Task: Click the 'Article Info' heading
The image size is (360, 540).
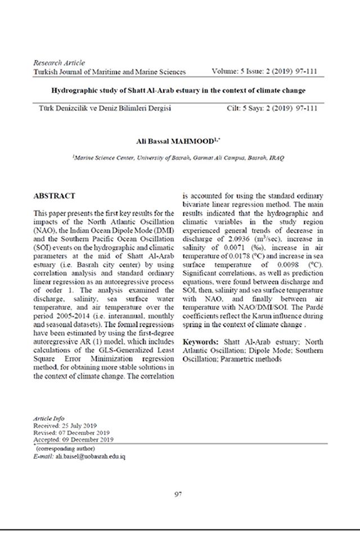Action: click(49, 419)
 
